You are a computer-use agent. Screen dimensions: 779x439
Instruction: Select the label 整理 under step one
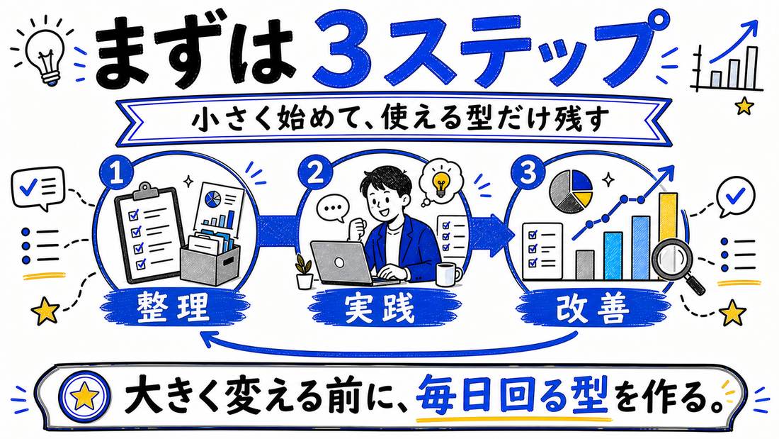173,307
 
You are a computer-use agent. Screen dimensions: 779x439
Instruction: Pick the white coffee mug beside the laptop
448,274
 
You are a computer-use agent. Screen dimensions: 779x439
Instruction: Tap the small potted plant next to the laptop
304,272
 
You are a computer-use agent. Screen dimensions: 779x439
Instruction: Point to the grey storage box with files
210,258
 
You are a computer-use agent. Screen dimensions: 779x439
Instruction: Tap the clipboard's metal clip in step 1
144,190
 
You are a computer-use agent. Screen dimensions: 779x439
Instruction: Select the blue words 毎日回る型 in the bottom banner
512,396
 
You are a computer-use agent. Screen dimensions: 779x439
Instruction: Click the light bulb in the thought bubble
440,184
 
